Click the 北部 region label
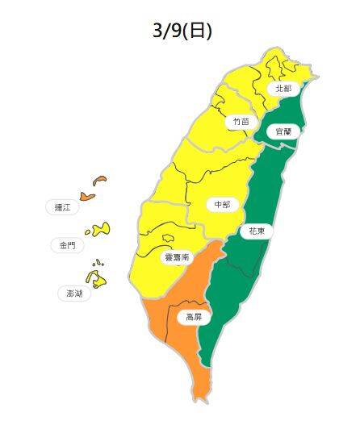(x=283, y=88)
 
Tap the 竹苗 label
(x=241, y=121)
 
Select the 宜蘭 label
(x=283, y=130)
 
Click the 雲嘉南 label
(x=176, y=257)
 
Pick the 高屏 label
(x=195, y=318)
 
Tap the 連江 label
(x=63, y=208)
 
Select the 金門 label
(x=67, y=244)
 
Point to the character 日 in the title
(x=199, y=31)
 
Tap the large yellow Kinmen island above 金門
(x=101, y=231)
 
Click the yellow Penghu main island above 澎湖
(x=98, y=280)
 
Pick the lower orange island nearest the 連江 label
(x=87, y=195)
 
